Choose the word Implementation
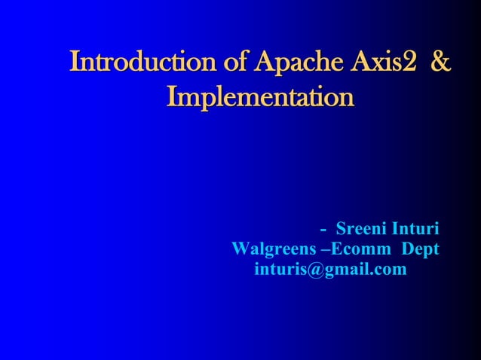(260, 98)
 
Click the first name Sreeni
(359, 227)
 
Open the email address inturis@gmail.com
(330, 269)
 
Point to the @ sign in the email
(308, 269)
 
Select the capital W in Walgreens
(240, 248)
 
